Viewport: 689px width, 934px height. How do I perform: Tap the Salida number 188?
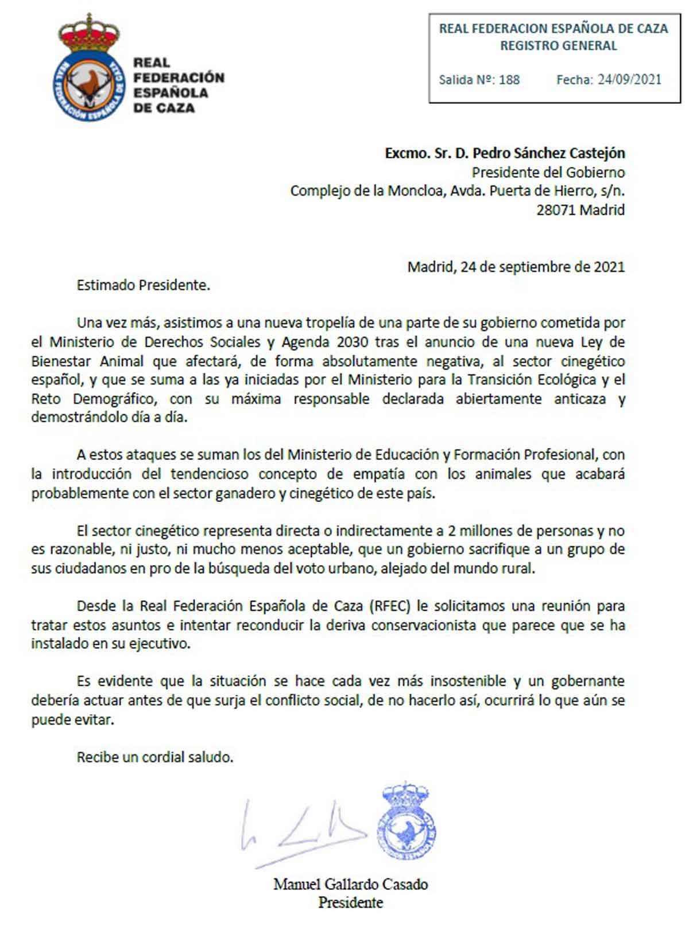(x=509, y=80)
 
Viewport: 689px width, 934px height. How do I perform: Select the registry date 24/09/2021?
(x=629, y=80)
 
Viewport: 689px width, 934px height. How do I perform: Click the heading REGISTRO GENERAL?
(x=558, y=46)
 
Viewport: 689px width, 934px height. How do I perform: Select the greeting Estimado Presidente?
(x=144, y=285)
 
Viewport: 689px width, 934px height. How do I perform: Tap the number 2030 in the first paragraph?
(x=352, y=342)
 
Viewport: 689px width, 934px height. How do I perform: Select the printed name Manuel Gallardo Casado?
(x=350, y=884)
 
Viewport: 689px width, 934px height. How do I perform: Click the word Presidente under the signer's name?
(x=350, y=902)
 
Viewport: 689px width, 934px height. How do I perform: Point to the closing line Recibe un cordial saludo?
(x=155, y=757)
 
